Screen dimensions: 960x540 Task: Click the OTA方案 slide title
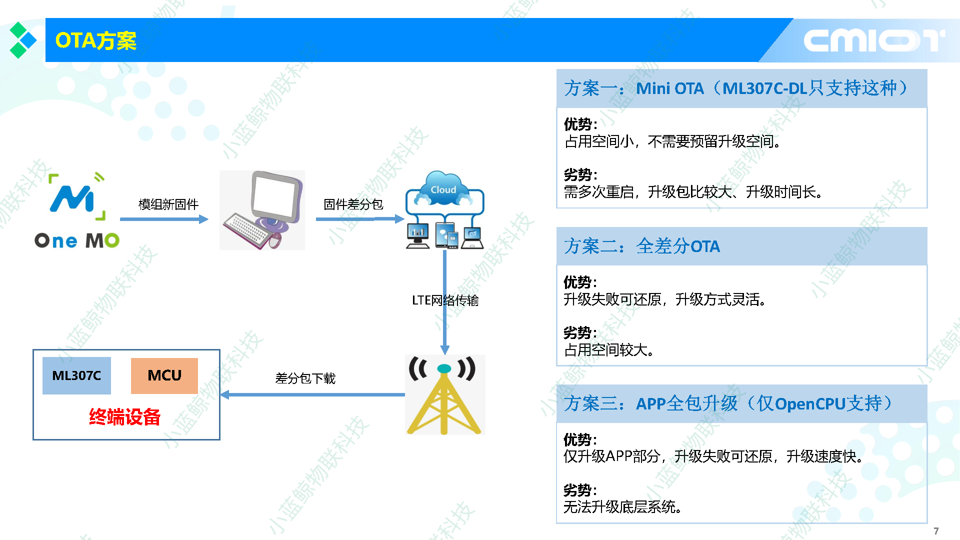click(95, 40)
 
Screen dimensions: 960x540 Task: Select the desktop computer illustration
click(262, 210)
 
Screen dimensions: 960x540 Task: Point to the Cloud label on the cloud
click(443, 190)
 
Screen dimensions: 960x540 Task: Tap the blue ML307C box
click(76, 375)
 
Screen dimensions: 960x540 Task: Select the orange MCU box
click(164, 375)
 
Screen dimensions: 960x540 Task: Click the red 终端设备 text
click(124, 416)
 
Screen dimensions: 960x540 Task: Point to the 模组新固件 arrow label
click(168, 204)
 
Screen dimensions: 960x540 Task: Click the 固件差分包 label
click(353, 204)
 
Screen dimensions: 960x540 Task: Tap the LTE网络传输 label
click(445, 300)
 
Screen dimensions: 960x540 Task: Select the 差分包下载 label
click(305, 378)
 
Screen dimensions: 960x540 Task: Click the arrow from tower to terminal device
click(312, 394)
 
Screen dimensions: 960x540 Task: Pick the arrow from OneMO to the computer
click(164, 219)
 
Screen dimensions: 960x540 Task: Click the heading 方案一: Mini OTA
click(735, 88)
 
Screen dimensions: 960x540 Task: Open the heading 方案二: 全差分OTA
click(642, 246)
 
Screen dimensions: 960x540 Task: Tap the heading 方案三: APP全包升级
click(727, 403)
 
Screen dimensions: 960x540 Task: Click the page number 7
click(936, 531)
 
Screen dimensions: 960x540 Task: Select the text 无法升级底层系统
click(622, 507)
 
